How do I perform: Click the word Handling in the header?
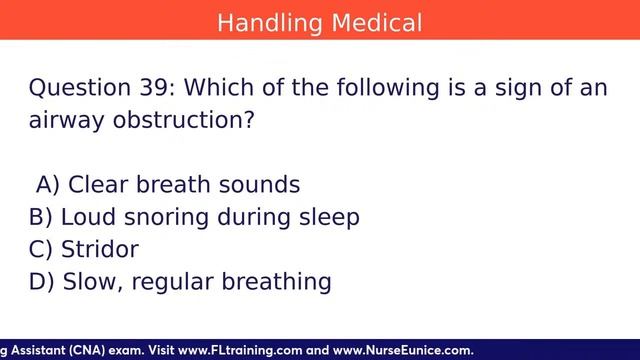click(x=267, y=21)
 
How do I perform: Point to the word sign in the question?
click(x=500, y=88)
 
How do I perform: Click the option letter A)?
click(x=48, y=184)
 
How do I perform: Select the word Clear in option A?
click(x=97, y=184)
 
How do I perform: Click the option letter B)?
click(x=42, y=216)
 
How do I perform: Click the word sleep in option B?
click(x=327, y=216)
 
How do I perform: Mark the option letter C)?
click(x=42, y=249)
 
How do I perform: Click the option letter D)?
click(x=43, y=281)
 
